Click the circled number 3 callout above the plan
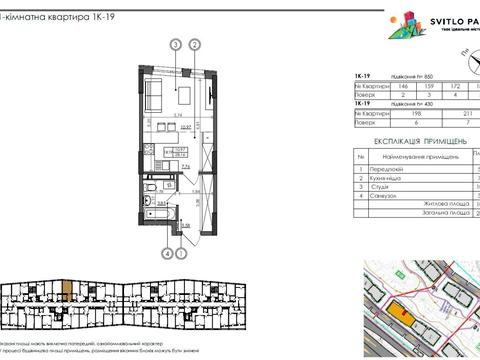176,44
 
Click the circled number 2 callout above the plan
196,44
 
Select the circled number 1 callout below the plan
180,253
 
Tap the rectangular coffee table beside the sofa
186,97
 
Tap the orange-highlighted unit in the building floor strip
65,294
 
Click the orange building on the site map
405,313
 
